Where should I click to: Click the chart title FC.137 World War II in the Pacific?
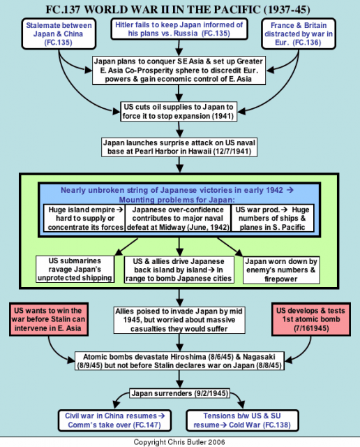[x=178, y=10]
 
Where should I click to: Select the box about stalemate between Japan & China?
[x=59, y=34]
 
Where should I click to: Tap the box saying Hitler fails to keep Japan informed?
[x=179, y=29]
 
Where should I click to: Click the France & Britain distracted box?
[x=299, y=34]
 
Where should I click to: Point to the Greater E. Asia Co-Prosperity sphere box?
[x=179, y=70]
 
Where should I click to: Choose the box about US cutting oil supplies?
[x=179, y=112]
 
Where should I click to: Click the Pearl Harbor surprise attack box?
[x=179, y=147]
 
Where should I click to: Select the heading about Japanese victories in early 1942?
[x=177, y=195]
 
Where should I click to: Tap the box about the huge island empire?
[x=84, y=219]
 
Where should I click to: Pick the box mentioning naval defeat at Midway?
[x=178, y=219]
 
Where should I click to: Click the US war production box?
[x=273, y=219]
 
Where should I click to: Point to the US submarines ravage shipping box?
[x=75, y=269]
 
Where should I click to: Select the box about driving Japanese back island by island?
[x=179, y=270]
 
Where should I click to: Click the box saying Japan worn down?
[x=281, y=270]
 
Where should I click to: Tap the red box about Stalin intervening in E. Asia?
[x=49, y=319]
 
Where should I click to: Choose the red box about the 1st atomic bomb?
[x=311, y=319]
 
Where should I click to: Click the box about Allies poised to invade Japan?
[x=179, y=320]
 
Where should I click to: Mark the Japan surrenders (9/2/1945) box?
[x=180, y=393]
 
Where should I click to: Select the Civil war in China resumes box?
[x=115, y=420]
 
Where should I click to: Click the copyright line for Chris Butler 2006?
[x=179, y=442]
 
